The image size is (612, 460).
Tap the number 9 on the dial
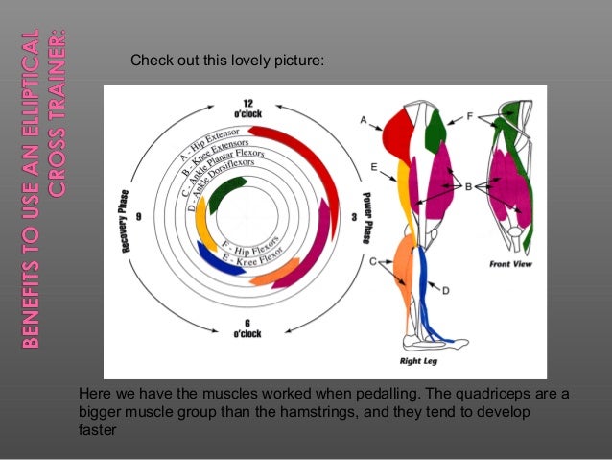(139, 217)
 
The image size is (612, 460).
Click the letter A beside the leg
(365, 120)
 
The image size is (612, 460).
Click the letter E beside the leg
(372, 165)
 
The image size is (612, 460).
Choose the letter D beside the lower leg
(445, 288)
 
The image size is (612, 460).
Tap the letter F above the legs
(469, 115)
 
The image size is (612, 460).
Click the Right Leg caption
(418, 361)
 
